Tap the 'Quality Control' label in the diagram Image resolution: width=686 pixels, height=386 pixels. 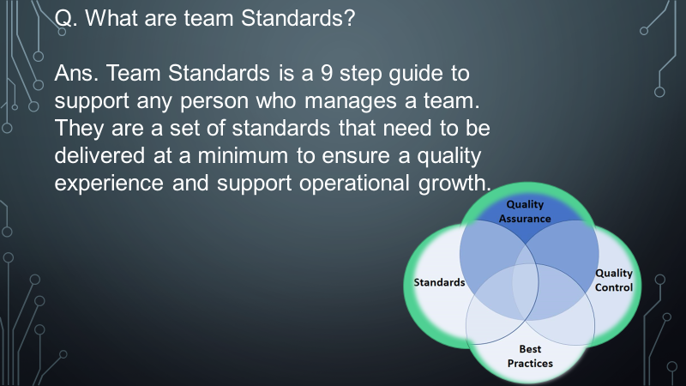(x=614, y=280)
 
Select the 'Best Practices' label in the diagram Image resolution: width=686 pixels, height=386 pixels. (x=530, y=356)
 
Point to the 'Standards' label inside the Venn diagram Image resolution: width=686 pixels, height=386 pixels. (x=439, y=282)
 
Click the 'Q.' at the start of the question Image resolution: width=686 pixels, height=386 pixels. (x=65, y=18)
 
